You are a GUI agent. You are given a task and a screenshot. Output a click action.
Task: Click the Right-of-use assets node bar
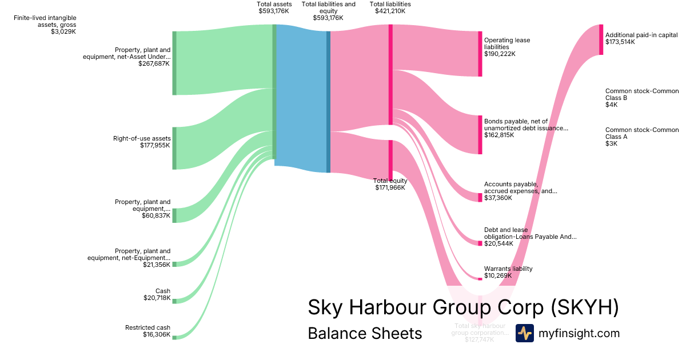click(x=174, y=148)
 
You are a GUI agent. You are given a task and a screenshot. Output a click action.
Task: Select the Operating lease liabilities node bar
click(x=480, y=54)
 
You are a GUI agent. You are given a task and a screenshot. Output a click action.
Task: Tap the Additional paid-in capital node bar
click(x=601, y=39)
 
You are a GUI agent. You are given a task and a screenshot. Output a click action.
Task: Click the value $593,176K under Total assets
click(x=274, y=11)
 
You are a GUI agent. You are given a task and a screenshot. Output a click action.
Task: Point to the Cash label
click(x=163, y=291)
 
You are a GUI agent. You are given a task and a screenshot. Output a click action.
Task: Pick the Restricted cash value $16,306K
click(x=157, y=334)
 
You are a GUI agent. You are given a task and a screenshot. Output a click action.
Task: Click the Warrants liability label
click(x=508, y=269)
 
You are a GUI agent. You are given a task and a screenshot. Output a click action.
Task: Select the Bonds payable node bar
click(x=480, y=135)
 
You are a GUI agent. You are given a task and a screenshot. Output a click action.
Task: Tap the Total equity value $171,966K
click(x=390, y=187)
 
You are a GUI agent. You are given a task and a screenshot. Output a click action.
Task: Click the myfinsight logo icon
click(x=524, y=333)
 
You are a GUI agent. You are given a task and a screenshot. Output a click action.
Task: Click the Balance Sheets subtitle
click(x=365, y=333)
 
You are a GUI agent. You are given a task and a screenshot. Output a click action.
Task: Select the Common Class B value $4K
click(x=611, y=105)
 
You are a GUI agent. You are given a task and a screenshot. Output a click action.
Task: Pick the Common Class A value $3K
click(x=611, y=143)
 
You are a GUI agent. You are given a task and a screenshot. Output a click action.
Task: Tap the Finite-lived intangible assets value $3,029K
click(x=63, y=31)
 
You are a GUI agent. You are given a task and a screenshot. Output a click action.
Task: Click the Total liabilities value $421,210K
click(x=390, y=11)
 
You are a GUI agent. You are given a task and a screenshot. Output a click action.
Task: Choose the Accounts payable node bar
click(x=480, y=197)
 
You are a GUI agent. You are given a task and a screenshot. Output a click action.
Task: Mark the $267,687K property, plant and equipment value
click(x=154, y=63)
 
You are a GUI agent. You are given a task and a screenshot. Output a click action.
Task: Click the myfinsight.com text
click(x=579, y=333)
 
